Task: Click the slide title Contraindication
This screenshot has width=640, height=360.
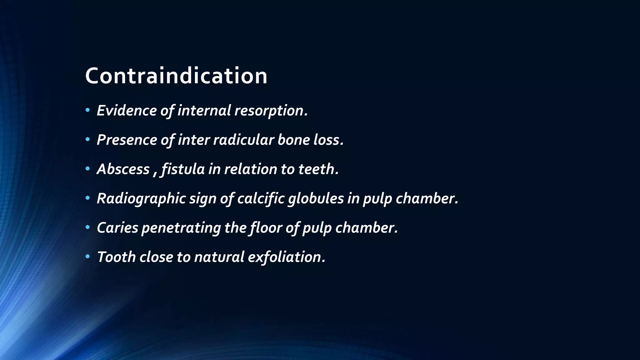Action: click(x=176, y=76)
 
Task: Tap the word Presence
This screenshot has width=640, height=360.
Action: click(x=127, y=140)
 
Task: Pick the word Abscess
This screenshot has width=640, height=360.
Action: click(x=123, y=169)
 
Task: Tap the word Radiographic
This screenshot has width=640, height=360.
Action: click(x=141, y=198)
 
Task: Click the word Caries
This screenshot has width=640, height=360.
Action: click(x=117, y=227)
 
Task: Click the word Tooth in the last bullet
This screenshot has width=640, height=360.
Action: click(x=116, y=257)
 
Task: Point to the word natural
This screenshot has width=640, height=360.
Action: click(x=219, y=257)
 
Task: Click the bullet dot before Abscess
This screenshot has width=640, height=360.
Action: click(x=88, y=169)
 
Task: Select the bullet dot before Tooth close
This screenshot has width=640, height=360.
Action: click(x=88, y=257)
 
